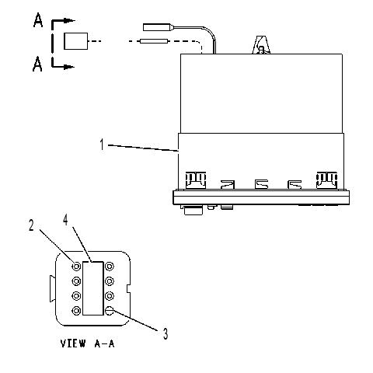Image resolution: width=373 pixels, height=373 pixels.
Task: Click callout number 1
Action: [102, 145]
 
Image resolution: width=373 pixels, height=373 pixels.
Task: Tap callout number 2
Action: [31, 225]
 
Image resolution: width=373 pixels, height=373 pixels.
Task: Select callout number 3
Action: [166, 333]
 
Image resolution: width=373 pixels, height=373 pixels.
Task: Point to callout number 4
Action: [65, 220]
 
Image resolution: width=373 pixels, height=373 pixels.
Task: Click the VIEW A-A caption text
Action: [87, 343]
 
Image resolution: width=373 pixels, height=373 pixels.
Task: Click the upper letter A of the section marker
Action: [38, 20]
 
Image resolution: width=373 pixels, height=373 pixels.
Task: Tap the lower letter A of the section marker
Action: [37, 64]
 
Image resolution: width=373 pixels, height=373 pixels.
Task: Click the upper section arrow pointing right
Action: [64, 20]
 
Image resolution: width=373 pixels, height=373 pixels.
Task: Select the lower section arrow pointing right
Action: [63, 67]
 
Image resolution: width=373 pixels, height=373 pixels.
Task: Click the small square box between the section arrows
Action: [75, 41]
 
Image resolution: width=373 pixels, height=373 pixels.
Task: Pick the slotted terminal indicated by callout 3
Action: [110, 310]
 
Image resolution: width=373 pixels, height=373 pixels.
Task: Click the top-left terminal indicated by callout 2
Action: [76, 266]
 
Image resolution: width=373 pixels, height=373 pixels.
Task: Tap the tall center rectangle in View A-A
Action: [93, 288]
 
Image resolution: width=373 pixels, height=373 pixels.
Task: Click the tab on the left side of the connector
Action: [52, 288]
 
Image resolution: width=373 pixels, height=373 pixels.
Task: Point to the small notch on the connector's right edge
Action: [128, 289]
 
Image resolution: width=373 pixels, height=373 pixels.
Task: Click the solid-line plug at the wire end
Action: [158, 27]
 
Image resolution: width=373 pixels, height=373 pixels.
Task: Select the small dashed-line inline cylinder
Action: [154, 41]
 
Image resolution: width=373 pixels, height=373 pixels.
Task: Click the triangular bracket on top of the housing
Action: [261, 45]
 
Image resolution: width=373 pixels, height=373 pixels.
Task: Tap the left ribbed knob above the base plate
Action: [196, 180]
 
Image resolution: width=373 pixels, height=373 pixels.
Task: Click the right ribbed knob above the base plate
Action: [327, 180]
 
